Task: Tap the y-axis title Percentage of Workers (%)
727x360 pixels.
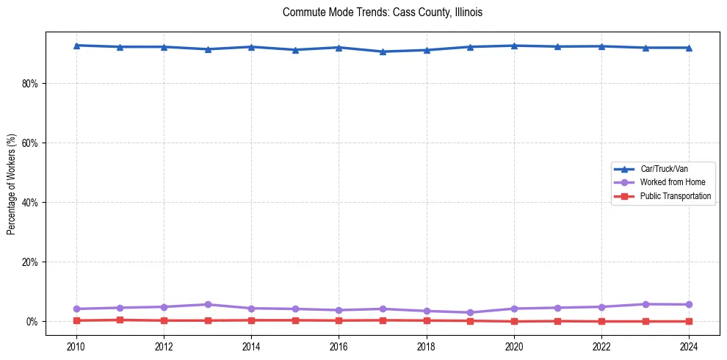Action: pyautogui.click(x=12, y=184)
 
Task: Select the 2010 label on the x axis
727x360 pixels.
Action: pyautogui.click(x=76, y=345)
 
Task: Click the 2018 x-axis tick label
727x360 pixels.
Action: pyautogui.click(x=427, y=345)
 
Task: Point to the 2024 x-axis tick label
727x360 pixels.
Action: pyautogui.click(x=689, y=345)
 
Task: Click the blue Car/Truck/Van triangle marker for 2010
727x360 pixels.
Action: pyautogui.click(x=76, y=46)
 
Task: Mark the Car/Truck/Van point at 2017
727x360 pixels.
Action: pyautogui.click(x=383, y=51)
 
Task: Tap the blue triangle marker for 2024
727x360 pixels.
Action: pyautogui.click(x=689, y=48)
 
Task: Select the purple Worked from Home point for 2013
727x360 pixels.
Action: pyautogui.click(x=208, y=304)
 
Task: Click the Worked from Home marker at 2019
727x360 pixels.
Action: pyautogui.click(x=470, y=312)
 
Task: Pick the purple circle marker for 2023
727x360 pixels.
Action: pyautogui.click(x=645, y=304)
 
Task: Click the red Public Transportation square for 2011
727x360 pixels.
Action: pyautogui.click(x=120, y=320)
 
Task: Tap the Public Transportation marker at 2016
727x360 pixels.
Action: pyautogui.click(x=339, y=320)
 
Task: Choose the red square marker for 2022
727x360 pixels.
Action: pyautogui.click(x=601, y=321)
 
